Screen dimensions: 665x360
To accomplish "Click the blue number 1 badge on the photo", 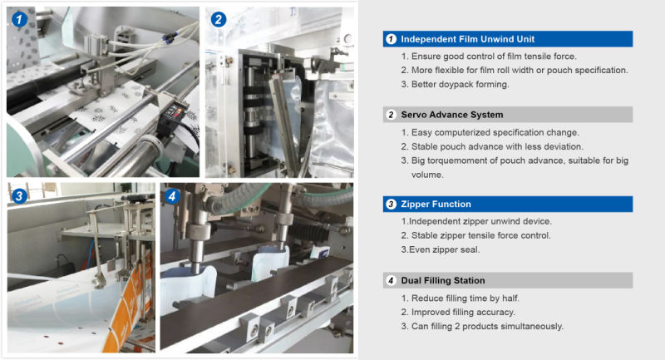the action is tap(19, 19).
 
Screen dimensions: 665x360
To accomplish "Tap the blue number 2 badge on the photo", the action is tap(219, 19).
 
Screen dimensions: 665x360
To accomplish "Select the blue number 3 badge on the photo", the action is tap(19, 196).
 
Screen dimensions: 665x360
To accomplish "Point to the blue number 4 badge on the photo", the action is tap(172, 196).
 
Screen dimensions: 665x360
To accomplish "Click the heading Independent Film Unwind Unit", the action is tap(468, 39).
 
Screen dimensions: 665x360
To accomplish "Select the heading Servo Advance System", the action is tap(452, 115).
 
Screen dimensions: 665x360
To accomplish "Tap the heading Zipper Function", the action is tap(436, 204).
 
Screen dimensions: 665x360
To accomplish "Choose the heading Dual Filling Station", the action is tap(443, 280).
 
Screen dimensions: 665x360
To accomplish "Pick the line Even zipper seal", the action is tap(441, 249).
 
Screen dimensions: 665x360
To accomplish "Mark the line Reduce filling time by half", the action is tap(460, 298).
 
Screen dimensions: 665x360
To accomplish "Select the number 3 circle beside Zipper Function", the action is tap(391, 204).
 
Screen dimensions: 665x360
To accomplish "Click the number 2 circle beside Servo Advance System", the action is tap(391, 115).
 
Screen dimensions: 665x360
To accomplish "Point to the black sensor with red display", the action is tap(174, 116).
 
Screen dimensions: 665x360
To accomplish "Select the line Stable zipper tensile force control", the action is tap(475, 236).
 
